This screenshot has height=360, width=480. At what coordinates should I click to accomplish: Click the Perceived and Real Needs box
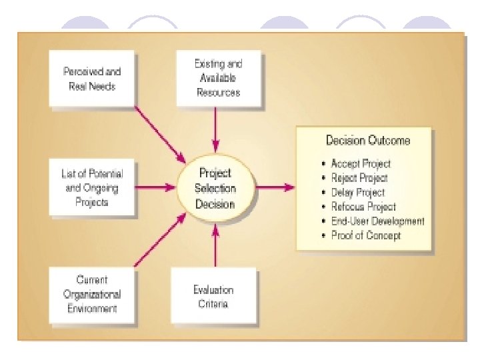pos(92,79)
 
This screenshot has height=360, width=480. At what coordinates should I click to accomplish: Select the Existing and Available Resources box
pos(218,78)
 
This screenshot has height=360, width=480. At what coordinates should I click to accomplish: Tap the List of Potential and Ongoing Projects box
pos(92,187)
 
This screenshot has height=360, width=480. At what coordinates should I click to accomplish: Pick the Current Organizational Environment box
pos(92,294)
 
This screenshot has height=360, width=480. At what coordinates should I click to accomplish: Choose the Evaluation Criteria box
pos(214,297)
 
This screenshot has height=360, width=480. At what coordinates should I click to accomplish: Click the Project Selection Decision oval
pos(215,187)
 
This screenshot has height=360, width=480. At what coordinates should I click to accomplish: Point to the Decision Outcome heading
pos(368,141)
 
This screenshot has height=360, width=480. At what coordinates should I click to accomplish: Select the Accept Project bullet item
pos(361,163)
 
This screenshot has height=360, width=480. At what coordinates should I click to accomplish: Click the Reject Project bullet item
pos(359,178)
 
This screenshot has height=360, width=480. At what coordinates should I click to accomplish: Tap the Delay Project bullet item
pos(358,193)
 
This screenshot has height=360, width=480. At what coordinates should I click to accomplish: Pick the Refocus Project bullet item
pos(363,207)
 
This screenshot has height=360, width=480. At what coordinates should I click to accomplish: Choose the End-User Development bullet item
pos(377,221)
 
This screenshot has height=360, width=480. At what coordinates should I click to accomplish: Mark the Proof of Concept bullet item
pos(366,235)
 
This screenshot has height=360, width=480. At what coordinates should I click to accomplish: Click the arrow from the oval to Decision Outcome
pos(275,187)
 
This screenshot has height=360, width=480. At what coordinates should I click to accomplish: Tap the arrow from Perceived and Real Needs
pos(160,133)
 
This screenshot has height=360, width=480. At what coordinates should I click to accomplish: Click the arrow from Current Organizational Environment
pos(160,241)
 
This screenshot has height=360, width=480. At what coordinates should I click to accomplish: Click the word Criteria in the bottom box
pos(214,304)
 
